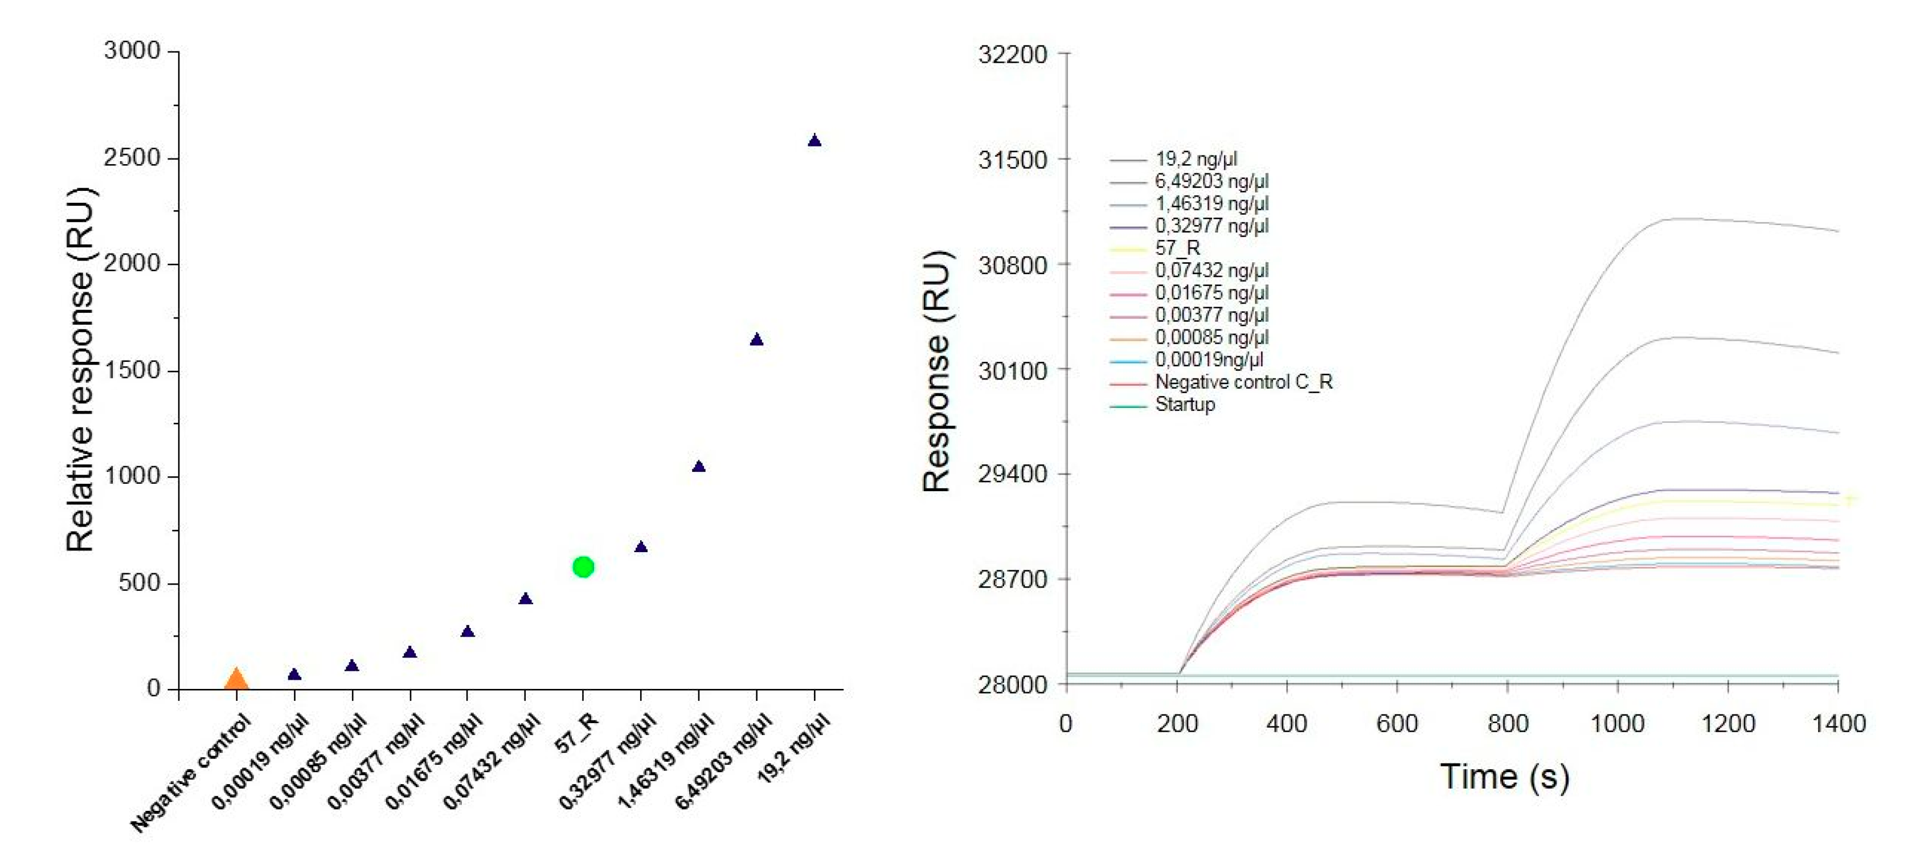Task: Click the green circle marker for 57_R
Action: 583,568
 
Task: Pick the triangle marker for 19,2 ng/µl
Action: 814,141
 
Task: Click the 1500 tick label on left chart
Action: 133,370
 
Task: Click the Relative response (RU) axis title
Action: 80,369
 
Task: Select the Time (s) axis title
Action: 1504,777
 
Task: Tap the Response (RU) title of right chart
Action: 937,370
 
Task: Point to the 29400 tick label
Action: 1012,474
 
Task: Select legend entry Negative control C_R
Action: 1243,382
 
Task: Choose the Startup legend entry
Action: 1185,405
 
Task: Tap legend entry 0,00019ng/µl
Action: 1209,360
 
